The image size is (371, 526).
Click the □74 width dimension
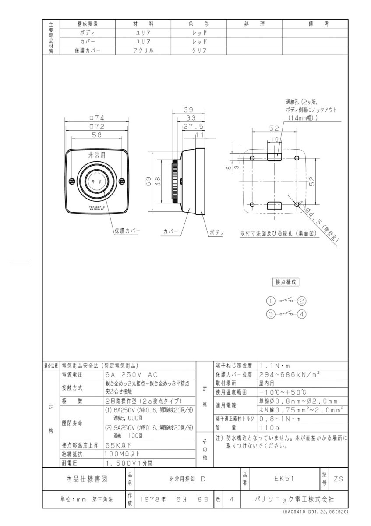point(96,118)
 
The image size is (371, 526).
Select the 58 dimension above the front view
point(96,135)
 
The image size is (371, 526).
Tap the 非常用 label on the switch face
point(97,155)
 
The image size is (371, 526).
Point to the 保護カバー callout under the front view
point(127,230)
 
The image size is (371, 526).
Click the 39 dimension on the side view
point(188,110)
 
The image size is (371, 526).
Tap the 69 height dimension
point(149,181)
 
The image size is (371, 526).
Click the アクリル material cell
point(143,50)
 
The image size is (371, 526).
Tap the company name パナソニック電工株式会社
point(294,499)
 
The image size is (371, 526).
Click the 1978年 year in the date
point(150,499)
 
